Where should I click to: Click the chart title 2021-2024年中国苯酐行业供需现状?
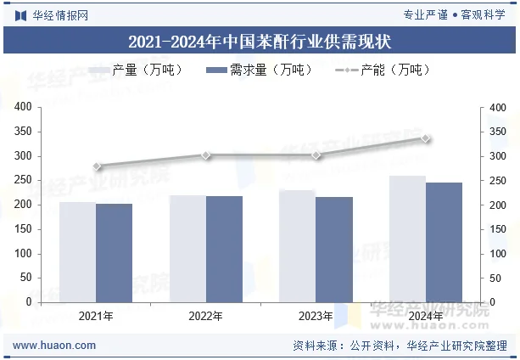[x=260, y=40]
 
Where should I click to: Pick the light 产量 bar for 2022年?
[x=187, y=248]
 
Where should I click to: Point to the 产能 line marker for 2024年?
[x=426, y=138]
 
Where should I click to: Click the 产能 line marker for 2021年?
[x=97, y=166]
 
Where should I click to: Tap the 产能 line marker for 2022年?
[x=206, y=155]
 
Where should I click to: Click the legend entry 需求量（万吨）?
[x=259, y=70]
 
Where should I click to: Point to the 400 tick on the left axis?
[x=23, y=108]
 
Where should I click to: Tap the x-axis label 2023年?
[x=316, y=316]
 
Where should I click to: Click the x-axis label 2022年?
[x=206, y=316]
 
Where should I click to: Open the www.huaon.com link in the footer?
[x=55, y=346]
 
